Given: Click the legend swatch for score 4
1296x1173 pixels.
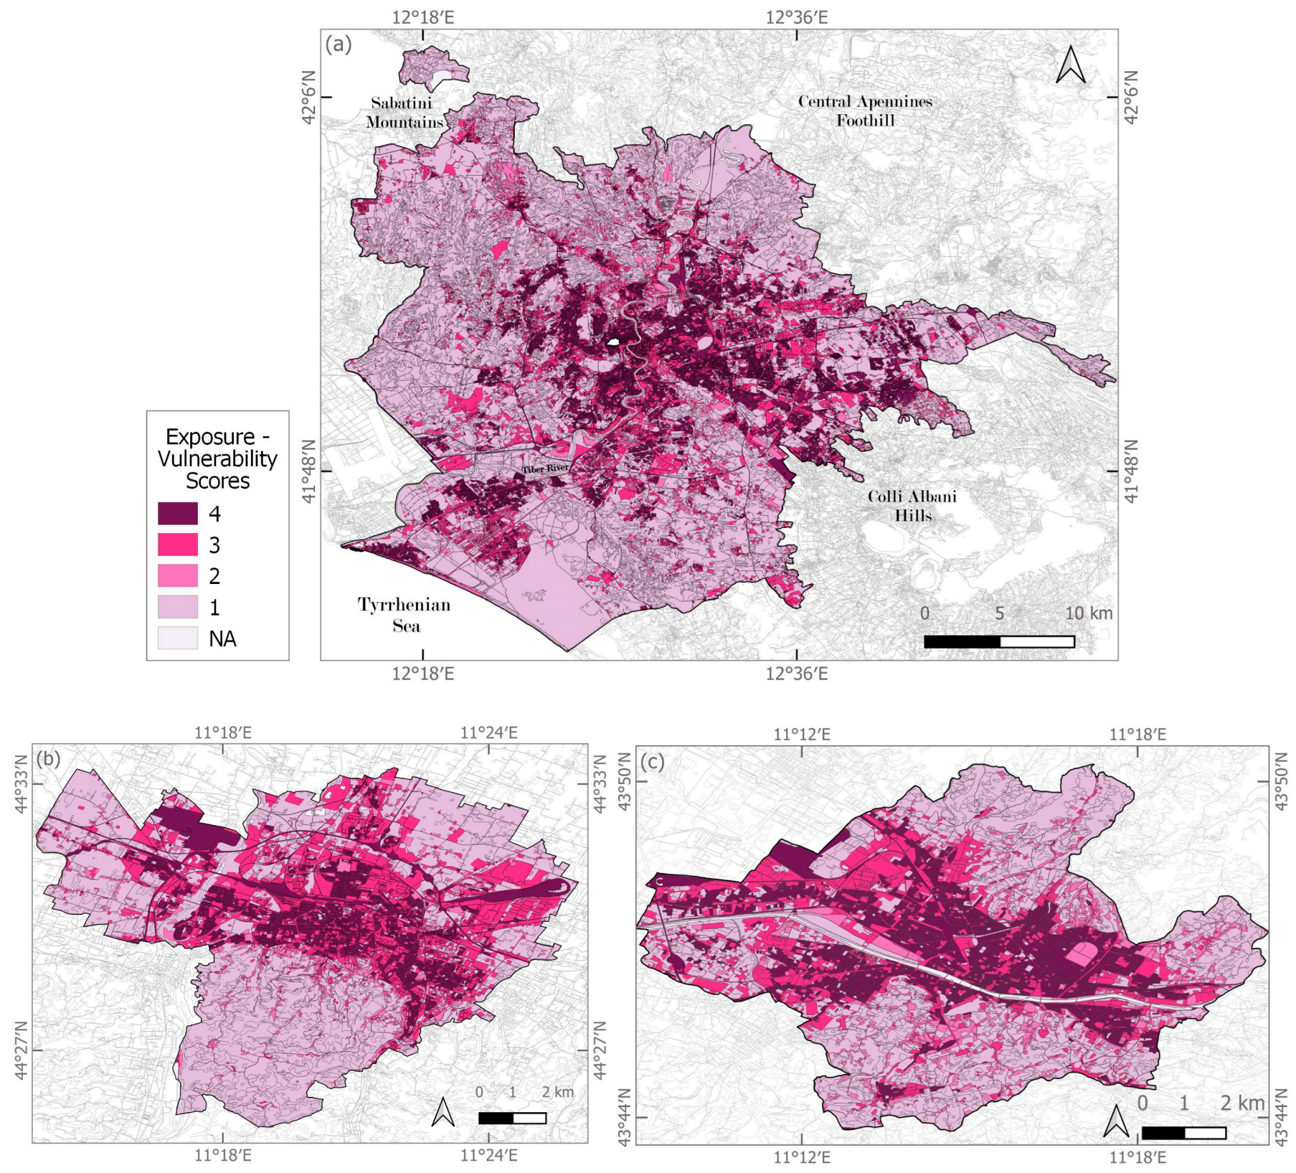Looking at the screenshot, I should [x=178, y=514].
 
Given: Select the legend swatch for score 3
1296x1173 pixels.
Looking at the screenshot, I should [x=178, y=545].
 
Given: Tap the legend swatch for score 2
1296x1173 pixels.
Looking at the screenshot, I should [x=178, y=575].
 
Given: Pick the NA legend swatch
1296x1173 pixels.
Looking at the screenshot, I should [x=178, y=638].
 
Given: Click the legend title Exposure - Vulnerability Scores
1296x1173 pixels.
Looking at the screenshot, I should [x=217, y=458].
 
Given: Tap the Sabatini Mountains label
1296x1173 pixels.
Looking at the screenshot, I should [x=404, y=112].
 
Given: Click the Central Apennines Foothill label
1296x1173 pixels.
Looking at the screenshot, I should [x=865, y=110].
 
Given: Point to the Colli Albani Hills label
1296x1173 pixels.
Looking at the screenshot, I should [x=912, y=505].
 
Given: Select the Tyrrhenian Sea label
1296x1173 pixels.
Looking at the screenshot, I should [x=405, y=614].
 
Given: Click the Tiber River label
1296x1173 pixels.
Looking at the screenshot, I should [x=545, y=469].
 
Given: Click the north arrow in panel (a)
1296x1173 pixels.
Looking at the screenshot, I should [x=1070, y=65].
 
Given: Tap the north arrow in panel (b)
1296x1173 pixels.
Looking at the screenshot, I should [x=443, y=1112].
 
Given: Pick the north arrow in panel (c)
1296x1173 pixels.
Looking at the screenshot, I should [x=1117, y=1121].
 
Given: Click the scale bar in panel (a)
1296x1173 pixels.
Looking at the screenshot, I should [x=999, y=642].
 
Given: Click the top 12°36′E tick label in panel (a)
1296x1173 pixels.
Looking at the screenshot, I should [x=796, y=16].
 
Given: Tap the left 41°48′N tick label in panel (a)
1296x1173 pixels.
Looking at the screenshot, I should [x=311, y=471].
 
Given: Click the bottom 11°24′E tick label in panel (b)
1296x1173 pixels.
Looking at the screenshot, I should [x=489, y=1155].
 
